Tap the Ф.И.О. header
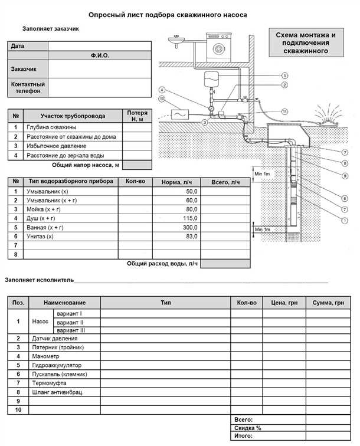tap(100, 55)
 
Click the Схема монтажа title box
tap(305, 44)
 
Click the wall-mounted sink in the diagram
tap(176, 41)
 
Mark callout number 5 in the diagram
tap(284, 76)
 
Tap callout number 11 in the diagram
tap(284, 112)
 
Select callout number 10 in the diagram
tap(162, 99)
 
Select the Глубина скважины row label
tap(51, 127)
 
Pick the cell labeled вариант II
tap(70, 323)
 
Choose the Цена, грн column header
tap(284, 302)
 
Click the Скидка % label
tap(247, 428)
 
